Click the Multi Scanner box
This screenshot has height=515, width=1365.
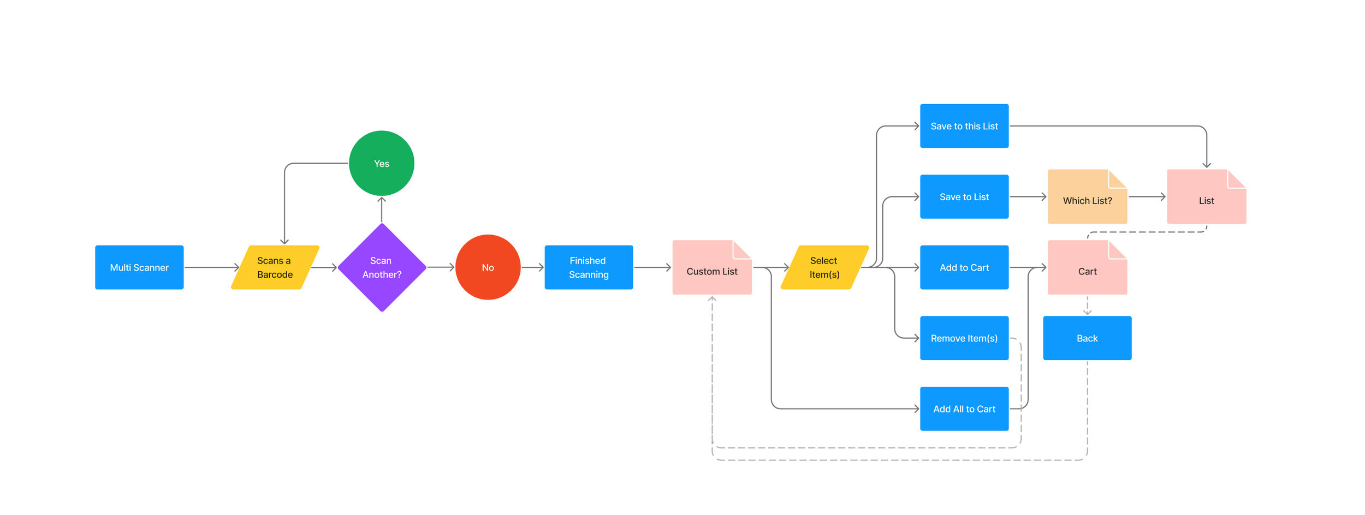tap(139, 267)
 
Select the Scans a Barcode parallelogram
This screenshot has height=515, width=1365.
tap(275, 267)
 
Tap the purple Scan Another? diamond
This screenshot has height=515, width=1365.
tap(382, 267)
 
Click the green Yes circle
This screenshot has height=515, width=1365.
tap(382, 163)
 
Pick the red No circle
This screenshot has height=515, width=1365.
tap(488, 267)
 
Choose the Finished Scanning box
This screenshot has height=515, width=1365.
tap(589, 267)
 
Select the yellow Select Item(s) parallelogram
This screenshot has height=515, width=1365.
tap(824, 267)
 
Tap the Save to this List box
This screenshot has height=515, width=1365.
tap(964, 126)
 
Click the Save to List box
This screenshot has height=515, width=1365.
tap(964, 197)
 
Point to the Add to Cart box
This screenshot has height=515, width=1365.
tap(964, 267)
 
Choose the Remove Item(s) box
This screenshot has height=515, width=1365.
tap(964, 338)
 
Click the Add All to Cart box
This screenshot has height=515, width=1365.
tap(964, 409)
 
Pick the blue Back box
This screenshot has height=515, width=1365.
tap(1087, 338)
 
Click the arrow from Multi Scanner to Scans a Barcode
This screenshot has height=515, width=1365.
tap(211, 267)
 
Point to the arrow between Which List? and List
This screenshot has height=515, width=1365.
tap(1147, 197)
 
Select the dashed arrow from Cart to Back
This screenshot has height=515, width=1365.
tap(1087, 306)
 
